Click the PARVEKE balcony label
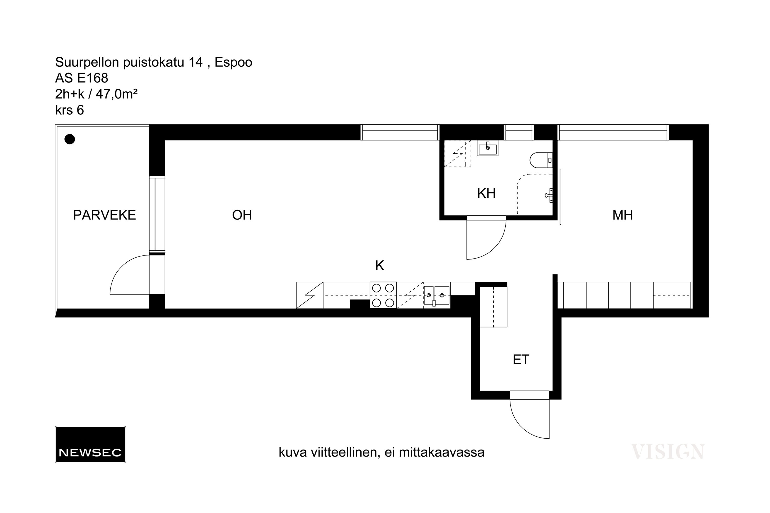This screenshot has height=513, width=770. point(104,215)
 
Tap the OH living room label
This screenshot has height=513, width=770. point(242,215)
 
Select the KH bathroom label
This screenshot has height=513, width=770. point(486,193)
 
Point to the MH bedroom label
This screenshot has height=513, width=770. point(622,215)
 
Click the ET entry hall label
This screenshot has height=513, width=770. point(521,360)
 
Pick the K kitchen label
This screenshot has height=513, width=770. point(380,265)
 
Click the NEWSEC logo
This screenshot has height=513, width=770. point(90,444)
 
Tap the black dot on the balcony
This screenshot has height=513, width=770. point(70,139)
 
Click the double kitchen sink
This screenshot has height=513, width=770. point(437,295)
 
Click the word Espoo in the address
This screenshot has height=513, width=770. point(233,62)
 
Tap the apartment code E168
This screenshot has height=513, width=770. point(93,78)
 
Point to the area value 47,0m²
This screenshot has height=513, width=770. point(117,94)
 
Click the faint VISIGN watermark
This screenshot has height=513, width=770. point(668,452)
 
